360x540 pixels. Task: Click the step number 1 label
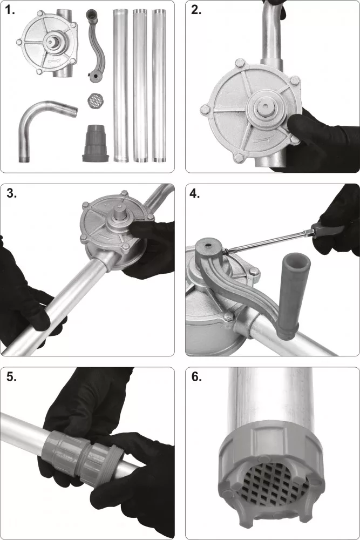10,10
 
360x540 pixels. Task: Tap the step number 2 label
196,10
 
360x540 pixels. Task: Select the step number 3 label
12,193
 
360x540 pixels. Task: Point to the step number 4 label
195,193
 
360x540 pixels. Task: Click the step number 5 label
12,377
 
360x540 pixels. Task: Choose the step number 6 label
196,377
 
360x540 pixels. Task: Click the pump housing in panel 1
48,43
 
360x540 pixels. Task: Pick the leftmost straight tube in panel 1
120,85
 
